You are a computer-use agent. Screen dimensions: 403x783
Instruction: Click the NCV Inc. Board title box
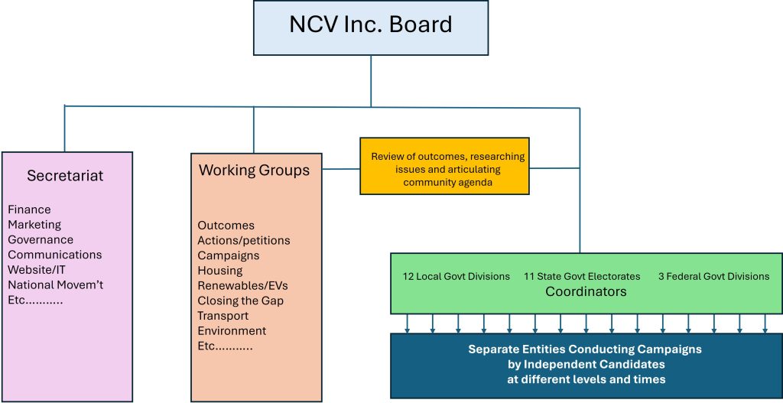371,27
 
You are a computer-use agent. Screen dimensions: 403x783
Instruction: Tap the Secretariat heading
65,176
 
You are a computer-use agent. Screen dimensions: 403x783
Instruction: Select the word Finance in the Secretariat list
29,210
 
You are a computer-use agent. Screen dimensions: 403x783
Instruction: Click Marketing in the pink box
34,225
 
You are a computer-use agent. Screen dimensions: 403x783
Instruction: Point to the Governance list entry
41,239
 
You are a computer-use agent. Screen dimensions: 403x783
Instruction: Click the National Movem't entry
55,285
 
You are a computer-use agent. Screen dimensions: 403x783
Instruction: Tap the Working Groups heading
255,170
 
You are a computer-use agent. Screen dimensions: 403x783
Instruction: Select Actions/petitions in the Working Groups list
244,240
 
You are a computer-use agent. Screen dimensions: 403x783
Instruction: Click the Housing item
220,271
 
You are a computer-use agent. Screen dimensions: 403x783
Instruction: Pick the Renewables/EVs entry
242,285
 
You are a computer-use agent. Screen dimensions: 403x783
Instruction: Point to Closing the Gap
240,301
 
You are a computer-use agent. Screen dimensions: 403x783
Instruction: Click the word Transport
223,316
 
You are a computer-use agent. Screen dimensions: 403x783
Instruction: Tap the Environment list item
232,331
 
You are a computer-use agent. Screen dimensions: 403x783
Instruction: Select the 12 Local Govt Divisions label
456,276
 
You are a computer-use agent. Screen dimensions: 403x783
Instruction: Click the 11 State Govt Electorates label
582,276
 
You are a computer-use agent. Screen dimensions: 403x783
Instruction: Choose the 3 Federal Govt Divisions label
713,276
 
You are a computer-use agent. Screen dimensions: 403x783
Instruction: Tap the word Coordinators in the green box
586,291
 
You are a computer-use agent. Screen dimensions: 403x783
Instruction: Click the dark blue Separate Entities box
586,364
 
